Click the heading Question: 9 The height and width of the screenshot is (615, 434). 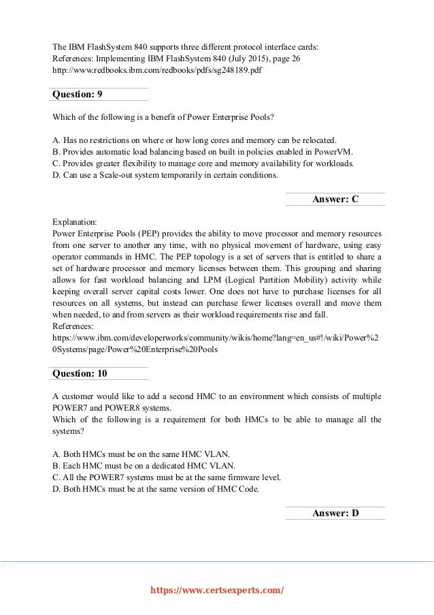click(x=78, y=94)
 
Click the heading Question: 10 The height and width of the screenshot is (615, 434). click(x=80, y=373)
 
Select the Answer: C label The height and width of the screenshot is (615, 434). click(x=335, y=199)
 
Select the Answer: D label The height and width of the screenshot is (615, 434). click(x=335, y=513)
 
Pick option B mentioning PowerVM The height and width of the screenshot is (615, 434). click(x=203, y=151)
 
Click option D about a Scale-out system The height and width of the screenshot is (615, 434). click(x=165, y=175)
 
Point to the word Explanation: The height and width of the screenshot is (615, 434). click(x=75, y=222)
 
